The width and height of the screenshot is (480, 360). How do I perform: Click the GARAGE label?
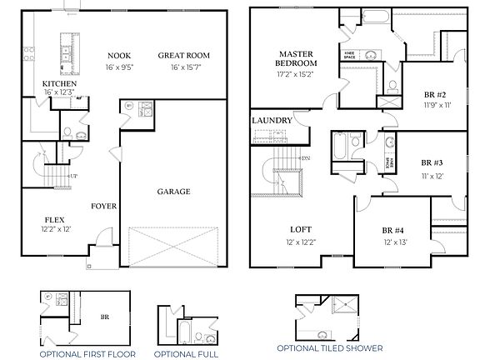173,192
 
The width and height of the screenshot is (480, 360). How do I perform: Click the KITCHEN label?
60,84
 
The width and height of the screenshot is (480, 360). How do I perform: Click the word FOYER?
103,206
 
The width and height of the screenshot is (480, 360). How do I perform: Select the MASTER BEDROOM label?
297,58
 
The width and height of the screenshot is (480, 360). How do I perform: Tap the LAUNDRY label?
272,121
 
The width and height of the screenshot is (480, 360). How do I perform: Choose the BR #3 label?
432,163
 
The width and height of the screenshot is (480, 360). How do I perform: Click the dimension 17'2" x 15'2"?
297,72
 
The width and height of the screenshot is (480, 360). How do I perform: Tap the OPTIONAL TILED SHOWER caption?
332,347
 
